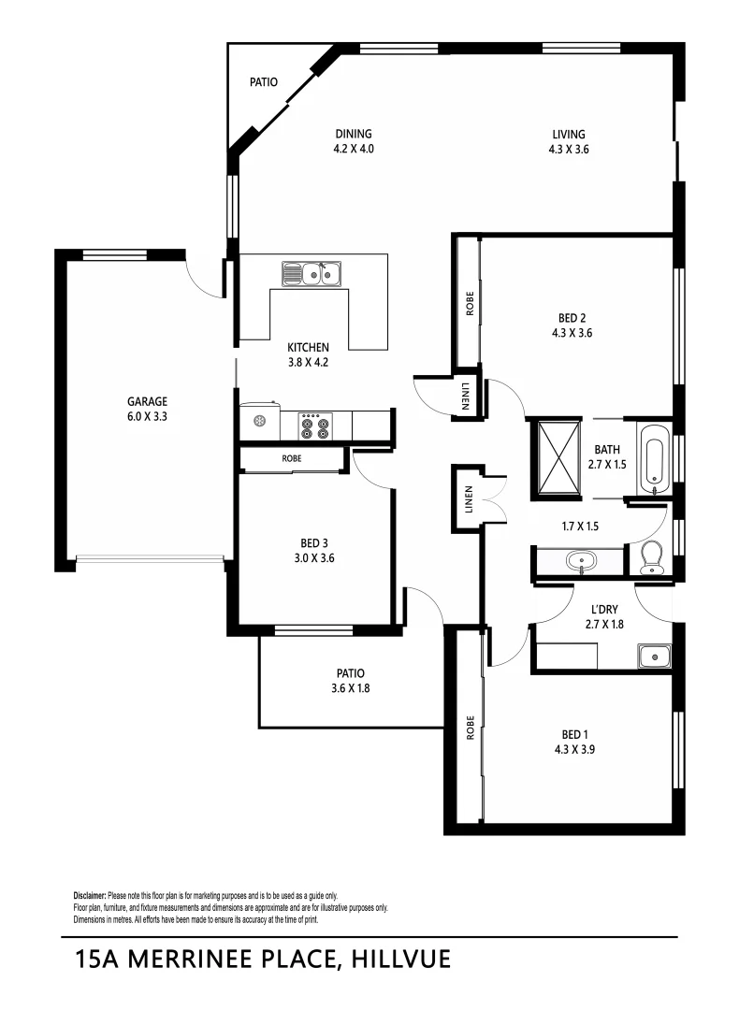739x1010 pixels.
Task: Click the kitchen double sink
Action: point(313,274)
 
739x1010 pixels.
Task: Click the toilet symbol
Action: point(652,558)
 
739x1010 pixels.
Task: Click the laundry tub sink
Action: point(652,656)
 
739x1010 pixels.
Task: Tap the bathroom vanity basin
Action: point(580,562)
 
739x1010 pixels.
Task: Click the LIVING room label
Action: point(568,134)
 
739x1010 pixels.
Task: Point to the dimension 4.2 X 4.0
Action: point(354,149)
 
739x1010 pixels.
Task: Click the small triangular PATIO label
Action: point(263,82)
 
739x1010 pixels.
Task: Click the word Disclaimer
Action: point(90,896)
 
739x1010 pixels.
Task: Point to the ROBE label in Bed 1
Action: point(470,729)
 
